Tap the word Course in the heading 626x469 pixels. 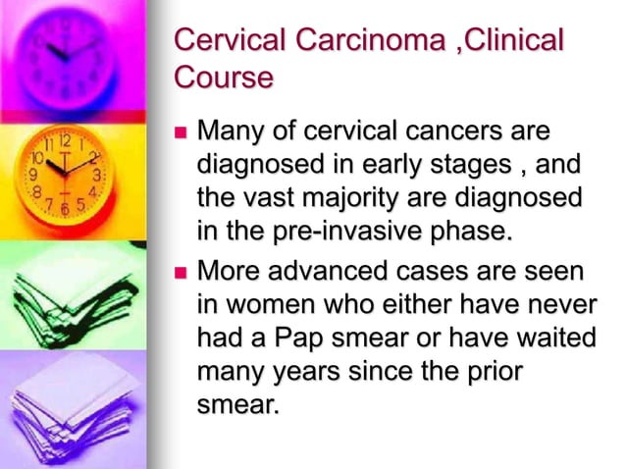[222, 77]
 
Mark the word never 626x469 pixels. [562, 303]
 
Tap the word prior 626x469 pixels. [496, 370]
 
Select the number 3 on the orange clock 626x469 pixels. [96, 175]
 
